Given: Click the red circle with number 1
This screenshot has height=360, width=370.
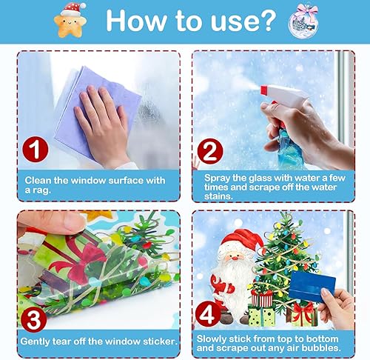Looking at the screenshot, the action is [x=36, y=149].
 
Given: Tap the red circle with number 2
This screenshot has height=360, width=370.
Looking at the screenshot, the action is [x=210, y=151].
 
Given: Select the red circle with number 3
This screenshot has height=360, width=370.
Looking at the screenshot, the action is [x=33, y=320].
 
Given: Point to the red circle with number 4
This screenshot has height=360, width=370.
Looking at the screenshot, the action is [x=208, y=315].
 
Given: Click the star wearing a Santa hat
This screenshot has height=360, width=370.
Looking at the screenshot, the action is [x=71, y=20].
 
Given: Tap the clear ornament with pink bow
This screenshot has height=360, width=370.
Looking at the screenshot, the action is [x=303, y=21].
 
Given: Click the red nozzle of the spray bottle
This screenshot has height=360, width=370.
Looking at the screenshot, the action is [x=264, y=90].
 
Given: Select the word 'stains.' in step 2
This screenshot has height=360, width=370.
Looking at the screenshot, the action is [x=218, y=196].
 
